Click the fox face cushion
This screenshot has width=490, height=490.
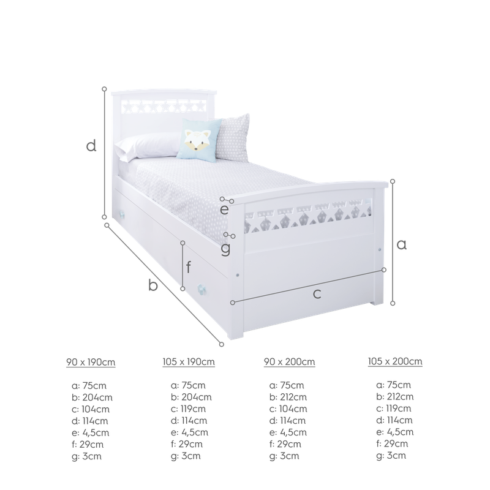pyautogui.click(x=198, y=140)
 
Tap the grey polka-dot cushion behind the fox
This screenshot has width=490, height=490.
pyautogui.click(x=233, y=138)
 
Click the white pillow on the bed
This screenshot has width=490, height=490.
pyautogui.click(x=147, y=145)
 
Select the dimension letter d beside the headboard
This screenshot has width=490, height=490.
pyautogui.click(x=91, y=146)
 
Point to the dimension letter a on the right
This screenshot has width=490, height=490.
pyautogui.click(x=402, y=244)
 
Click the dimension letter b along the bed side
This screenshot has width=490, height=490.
pyautogui.click(x=153, y=285)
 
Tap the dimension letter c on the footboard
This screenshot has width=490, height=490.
pyautogui.click(x=317, y=294)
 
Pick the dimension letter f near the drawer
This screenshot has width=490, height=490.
pyautogui.click(x=188, y=267)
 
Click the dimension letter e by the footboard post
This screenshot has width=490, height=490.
pyautogui.click(x=224, y=209)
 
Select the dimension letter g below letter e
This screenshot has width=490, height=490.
pyautogui.click(x=225, y=249)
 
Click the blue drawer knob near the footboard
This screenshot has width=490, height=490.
pyautogui.click(x=202, y=289)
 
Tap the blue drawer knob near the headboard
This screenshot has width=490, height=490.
pyautogui.click(x=122, y=214)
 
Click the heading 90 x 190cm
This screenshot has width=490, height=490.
pyautogui.click(x=91, y=362)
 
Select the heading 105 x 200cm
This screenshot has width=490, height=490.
pyautogui.click(x=395, y=361)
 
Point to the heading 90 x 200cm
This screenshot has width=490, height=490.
pyautogui.click(x=289, y=362)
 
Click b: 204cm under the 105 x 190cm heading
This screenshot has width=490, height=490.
pyautogui.click(x=191, y=397)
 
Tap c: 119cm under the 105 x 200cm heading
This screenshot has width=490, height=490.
pyautogui.click(x=394, y=409)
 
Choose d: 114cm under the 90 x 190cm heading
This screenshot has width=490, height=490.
pyautogui.click(x=90, y=421)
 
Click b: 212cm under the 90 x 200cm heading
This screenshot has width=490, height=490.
pyautogui.click(x=288, y=397)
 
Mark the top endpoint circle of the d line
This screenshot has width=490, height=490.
pyautogui.click(x=104, y=89)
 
